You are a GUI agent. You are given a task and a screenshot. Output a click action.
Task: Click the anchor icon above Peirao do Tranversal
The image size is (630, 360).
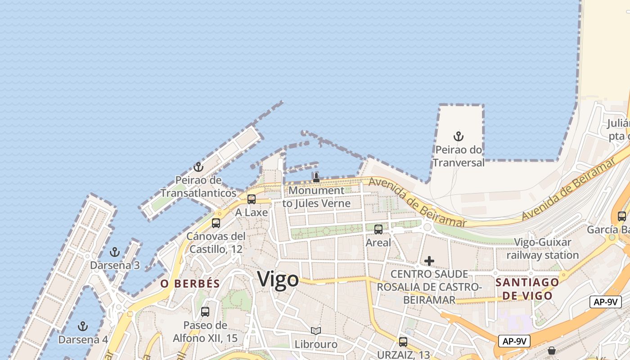(x=458, y=136)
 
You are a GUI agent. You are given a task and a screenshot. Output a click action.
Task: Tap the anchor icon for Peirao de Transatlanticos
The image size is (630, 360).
(x=198, y=167)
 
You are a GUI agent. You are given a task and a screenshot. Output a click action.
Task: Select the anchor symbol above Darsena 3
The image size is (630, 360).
(x=115, y=252)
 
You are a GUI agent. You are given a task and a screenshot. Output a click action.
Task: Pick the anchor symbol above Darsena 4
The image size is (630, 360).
(x=83, y=326)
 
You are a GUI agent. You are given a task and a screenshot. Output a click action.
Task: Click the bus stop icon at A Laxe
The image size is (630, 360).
(x=252, y=199)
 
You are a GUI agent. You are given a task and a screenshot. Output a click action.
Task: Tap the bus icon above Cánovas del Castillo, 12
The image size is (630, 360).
(x=216, y=223)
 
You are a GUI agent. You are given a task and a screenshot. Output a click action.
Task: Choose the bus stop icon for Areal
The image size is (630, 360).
(x=378, y=229)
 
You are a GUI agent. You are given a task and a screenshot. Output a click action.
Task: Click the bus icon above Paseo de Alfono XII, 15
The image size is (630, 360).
(x=205, y=311)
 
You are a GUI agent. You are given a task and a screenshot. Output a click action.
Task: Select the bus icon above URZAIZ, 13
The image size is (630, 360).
(x=403, y=342)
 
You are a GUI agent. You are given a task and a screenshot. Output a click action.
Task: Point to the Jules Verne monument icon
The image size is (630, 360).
(x=316, y=177)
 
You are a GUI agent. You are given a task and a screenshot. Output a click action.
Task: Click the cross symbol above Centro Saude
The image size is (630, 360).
(x=429, y=261)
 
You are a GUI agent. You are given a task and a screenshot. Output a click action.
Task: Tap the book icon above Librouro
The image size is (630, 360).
(x=316, y=331)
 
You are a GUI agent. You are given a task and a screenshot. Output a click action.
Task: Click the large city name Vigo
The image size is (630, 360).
(x=278, y=279)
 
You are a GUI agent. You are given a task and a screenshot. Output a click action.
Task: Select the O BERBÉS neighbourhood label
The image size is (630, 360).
(x=190, y=283)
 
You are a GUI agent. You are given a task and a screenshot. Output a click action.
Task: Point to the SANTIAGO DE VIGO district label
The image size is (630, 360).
(x=527, y=289)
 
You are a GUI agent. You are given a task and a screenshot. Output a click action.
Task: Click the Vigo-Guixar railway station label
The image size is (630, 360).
(x=543, y=249)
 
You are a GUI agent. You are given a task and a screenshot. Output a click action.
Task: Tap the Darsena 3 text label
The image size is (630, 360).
(x=115, y=265)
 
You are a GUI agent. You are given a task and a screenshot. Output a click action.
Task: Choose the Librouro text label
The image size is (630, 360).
(x=316, y=344)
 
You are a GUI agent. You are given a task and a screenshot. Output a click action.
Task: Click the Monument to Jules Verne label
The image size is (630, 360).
(x=316, y=197)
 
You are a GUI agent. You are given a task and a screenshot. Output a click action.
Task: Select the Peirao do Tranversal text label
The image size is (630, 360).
(x=458, y=156)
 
